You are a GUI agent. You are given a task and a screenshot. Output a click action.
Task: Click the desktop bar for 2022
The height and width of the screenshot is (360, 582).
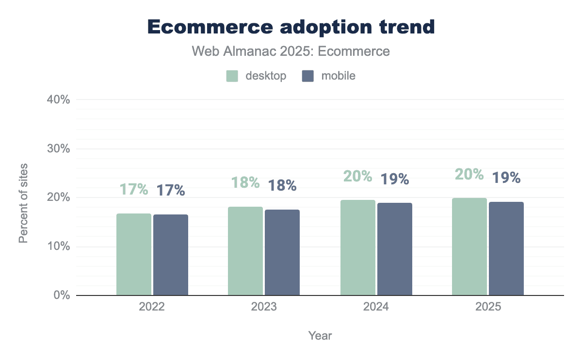click(x=134, y=254)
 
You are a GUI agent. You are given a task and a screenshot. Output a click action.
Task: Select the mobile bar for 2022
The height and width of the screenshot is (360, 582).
click(x=171, y=255)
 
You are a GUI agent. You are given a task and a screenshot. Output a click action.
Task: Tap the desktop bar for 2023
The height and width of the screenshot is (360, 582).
click(x=245, y=251)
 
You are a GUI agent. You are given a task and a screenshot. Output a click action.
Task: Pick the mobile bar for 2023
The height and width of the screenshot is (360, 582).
click(x=282, y=252)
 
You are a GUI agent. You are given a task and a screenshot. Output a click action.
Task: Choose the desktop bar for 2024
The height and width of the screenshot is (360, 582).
click(x=358, y=247)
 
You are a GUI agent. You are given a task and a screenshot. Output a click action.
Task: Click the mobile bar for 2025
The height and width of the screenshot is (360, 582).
click(x=506, y=248)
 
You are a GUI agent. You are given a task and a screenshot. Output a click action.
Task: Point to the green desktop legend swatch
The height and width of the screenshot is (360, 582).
click(x=232, y=76)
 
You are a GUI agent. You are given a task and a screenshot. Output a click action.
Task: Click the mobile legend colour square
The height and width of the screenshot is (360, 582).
click(x=308, y=76)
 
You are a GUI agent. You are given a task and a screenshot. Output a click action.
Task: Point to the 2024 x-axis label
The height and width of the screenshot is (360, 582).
click(x=376, y=308)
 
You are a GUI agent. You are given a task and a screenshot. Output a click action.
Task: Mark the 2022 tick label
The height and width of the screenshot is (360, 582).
click(x=152, y=308)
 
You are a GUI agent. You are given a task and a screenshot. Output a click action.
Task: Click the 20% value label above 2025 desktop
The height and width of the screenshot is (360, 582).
click(x=469, y=174)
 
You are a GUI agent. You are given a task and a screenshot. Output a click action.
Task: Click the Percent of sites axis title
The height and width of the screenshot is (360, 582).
click(x=23, y=203)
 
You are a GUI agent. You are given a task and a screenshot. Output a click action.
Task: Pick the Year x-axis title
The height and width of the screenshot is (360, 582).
click(x=320, y=335)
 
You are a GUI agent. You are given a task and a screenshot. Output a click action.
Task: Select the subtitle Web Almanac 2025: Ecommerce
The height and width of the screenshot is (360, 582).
click(x=291, y=51)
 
